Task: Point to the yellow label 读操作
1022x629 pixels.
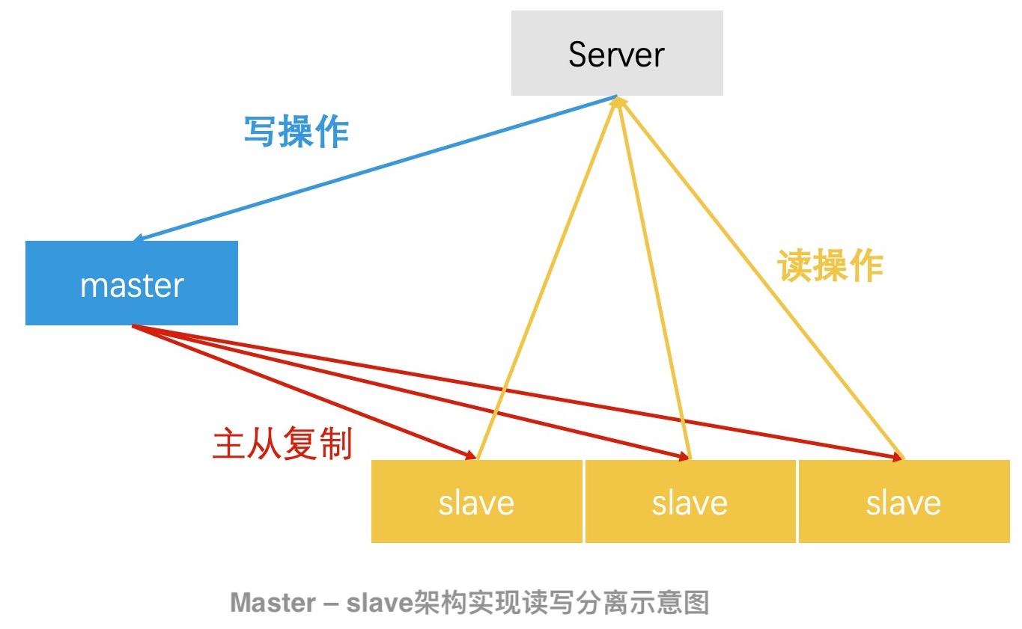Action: tap(830, 266)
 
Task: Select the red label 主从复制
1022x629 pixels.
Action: tap(282, 444)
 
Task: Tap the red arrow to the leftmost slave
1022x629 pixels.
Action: tap(299, 390)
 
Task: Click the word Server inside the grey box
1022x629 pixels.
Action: tap(616, 55)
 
